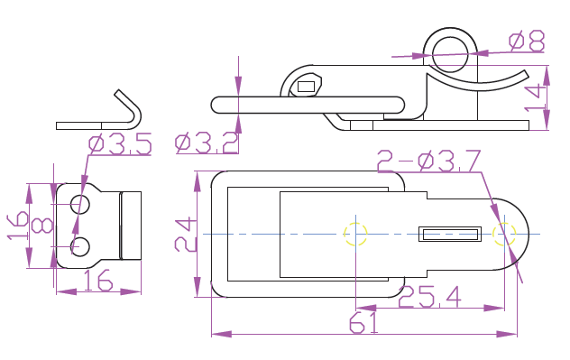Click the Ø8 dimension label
527,41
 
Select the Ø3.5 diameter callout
120,144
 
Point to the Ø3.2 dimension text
207,143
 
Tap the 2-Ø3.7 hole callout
429,161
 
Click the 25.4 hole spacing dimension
429,297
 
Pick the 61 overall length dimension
363,323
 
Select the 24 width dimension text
186,235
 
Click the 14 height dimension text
535,98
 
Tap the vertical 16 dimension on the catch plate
17,226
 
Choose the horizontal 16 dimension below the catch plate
98,281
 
